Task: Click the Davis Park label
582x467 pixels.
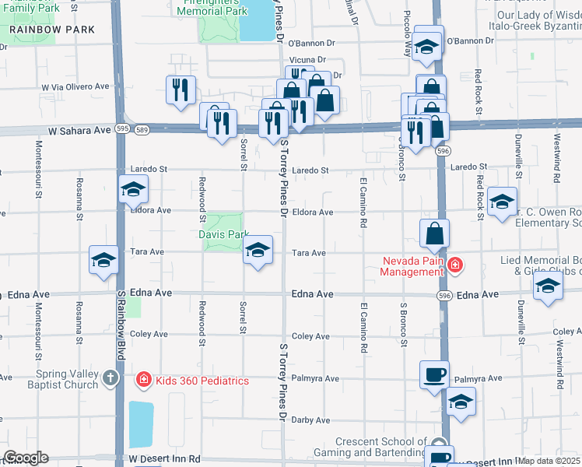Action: click(226, 233)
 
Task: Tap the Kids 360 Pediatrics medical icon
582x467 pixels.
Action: click(143, 381)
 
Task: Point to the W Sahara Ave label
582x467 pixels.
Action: click(80, 131)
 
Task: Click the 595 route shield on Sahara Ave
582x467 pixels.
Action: click(122, 128)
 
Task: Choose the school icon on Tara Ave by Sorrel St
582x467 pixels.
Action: click(258, 250)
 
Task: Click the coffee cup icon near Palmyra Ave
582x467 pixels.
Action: click(434, 374)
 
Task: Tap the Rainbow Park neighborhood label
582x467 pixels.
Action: click(52, 30)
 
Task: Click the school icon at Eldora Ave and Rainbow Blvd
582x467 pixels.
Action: click(133, 189)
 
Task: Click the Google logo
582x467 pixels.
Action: click(26, 458)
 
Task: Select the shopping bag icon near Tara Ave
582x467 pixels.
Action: click(434, 233)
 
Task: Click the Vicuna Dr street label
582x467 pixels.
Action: click(306, 59)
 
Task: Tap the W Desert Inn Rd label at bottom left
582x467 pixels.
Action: click(165, 460)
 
